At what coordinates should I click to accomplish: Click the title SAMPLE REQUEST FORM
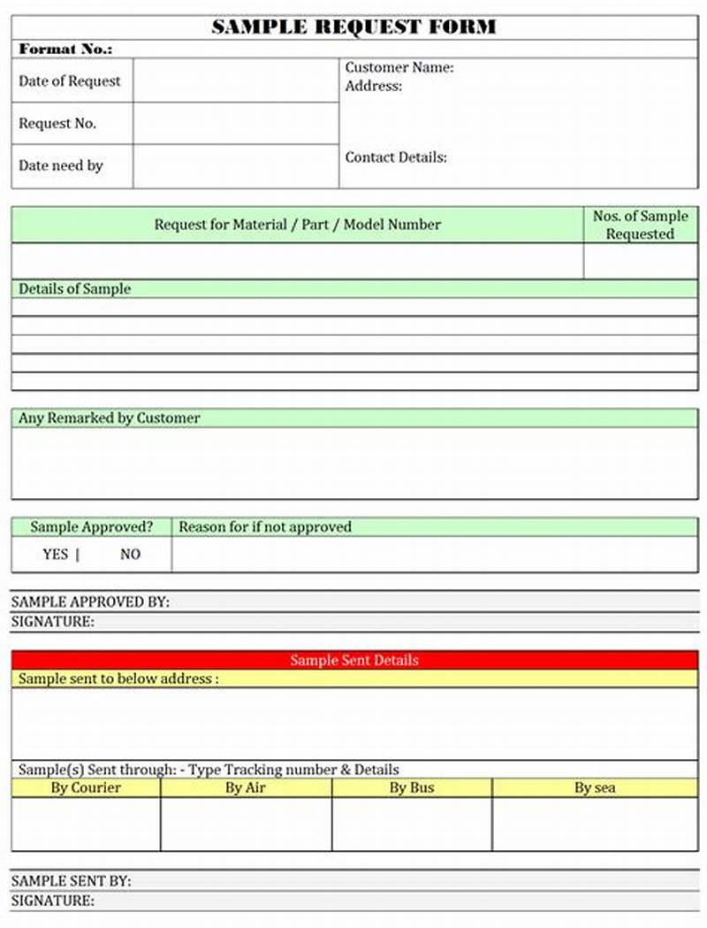click(x=353, y=27)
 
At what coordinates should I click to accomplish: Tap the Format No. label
click(x=65, y=50)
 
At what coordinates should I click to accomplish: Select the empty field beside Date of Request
click(x=236, y=81)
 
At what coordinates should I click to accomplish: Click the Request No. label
click(x=57, y=124)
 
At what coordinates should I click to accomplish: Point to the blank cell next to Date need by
click(x=236, y=166)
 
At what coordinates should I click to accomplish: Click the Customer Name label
click(x=399, y=67)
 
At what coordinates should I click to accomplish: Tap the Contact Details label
click(x=396, y=157)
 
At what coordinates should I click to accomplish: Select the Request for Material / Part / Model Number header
click(x=297, y=225)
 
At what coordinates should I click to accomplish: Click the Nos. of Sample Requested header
click(x=640, y=225)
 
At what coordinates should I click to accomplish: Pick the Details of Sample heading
click(x=74, y=288)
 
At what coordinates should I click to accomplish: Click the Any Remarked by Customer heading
click(x=110, y=418)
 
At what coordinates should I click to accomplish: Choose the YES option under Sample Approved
click(x=55, y=555)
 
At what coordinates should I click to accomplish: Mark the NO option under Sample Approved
click(x=130, y=555)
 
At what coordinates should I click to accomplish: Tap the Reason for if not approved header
click(x=265, y=527)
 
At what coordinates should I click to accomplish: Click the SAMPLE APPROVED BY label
click(x=90, y=602)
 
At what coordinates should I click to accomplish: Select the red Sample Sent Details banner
click(x=354, y=660)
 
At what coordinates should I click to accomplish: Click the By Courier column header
click(x=86, y=787)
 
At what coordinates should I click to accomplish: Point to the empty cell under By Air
click(x=246, y=824)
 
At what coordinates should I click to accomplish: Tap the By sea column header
click(x=595, y=787)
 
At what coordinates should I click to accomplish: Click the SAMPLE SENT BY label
click(x=71, y=881)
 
